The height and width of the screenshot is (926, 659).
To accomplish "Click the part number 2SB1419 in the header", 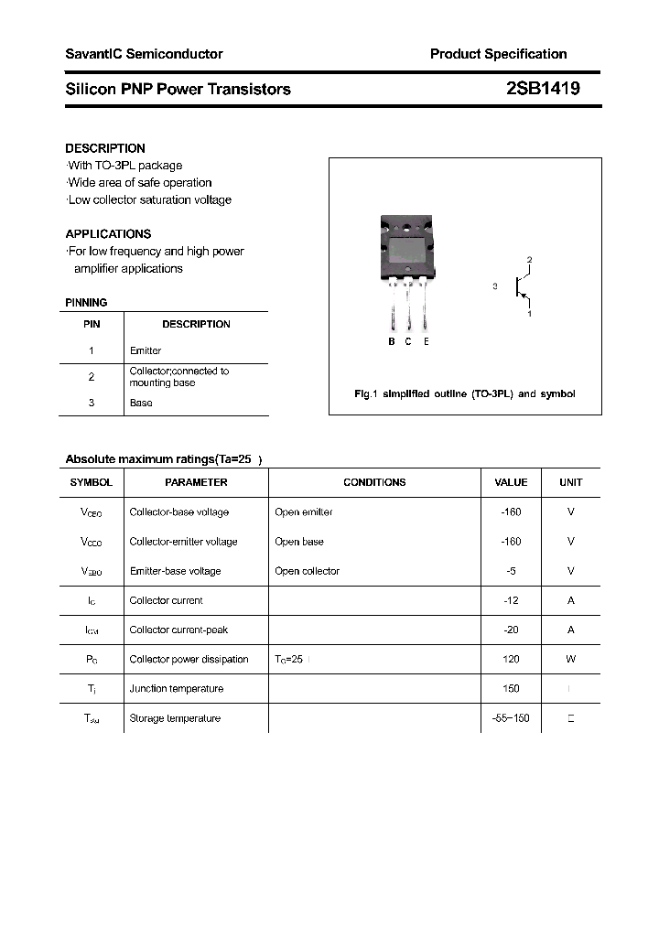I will tap(543, 89).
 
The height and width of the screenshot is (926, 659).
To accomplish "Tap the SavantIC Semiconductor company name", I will tap(144, 54).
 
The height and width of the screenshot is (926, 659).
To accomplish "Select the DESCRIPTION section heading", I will tap(105, 148).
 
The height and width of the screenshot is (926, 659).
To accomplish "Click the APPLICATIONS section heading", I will tap(108, 234).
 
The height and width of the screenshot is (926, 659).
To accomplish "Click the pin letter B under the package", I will tap(392, 341).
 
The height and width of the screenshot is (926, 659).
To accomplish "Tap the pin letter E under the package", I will tap(427, 341).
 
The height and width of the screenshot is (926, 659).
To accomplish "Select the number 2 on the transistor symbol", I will tap(529, 261).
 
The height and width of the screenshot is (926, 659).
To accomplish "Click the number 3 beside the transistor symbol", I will tap(494, 286).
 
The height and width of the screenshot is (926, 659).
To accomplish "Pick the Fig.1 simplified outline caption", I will tap(465, 393).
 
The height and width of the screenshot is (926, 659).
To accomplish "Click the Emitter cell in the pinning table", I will tap(146, 350).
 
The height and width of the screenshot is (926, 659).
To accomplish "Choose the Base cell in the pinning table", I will tap(141, 403).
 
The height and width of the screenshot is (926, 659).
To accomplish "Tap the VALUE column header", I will tap(511, 482).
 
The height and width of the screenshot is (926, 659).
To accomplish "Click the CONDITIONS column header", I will tap(374, 482).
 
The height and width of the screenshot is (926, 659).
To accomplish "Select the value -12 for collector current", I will tap(511, 600).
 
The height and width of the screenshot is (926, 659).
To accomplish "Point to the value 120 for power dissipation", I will tap(511, 659).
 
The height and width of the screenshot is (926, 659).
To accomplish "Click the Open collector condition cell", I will tap(307, 571).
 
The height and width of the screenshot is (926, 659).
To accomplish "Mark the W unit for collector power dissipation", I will tap(570, 659).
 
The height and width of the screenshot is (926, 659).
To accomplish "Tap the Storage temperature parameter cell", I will tap(175, 718).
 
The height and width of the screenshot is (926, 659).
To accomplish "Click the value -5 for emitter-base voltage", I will tap(511, 571).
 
